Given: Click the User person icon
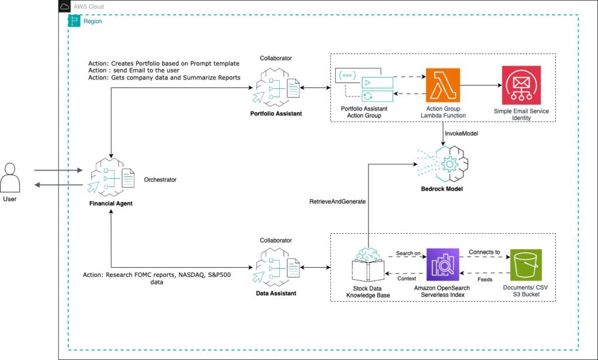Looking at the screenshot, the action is tap(10, 178).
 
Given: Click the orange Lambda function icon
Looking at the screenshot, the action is tap(443, 85).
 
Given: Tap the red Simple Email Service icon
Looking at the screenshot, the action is tap(521, 85).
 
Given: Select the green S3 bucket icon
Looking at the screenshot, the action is tap(526, 265).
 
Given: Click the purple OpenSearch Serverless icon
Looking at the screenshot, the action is tap(443, 265).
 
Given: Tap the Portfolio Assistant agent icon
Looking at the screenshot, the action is tap(276, 87).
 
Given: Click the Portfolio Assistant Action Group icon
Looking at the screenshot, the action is tap(364, 85).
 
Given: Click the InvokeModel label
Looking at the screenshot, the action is tap(461, 134).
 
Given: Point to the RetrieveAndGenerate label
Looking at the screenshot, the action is tap(338, 202).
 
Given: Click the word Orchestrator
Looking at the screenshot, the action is tap(160, 179).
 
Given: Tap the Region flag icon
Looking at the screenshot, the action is tap(74, 21).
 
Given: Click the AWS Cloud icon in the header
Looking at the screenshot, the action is tap(65, 6).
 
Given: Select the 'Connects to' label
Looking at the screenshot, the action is tap(484, 252).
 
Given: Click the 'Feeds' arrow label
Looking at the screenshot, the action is tap(485, 279).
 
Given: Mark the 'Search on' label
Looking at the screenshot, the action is tap(408, 253).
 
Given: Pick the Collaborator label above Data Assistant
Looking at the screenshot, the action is tap(276, 241).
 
